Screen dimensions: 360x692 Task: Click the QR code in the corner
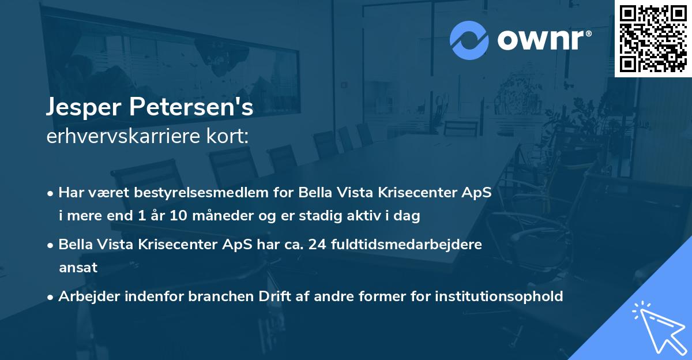point(653,38)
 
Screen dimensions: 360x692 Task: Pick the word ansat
point(78,268)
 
